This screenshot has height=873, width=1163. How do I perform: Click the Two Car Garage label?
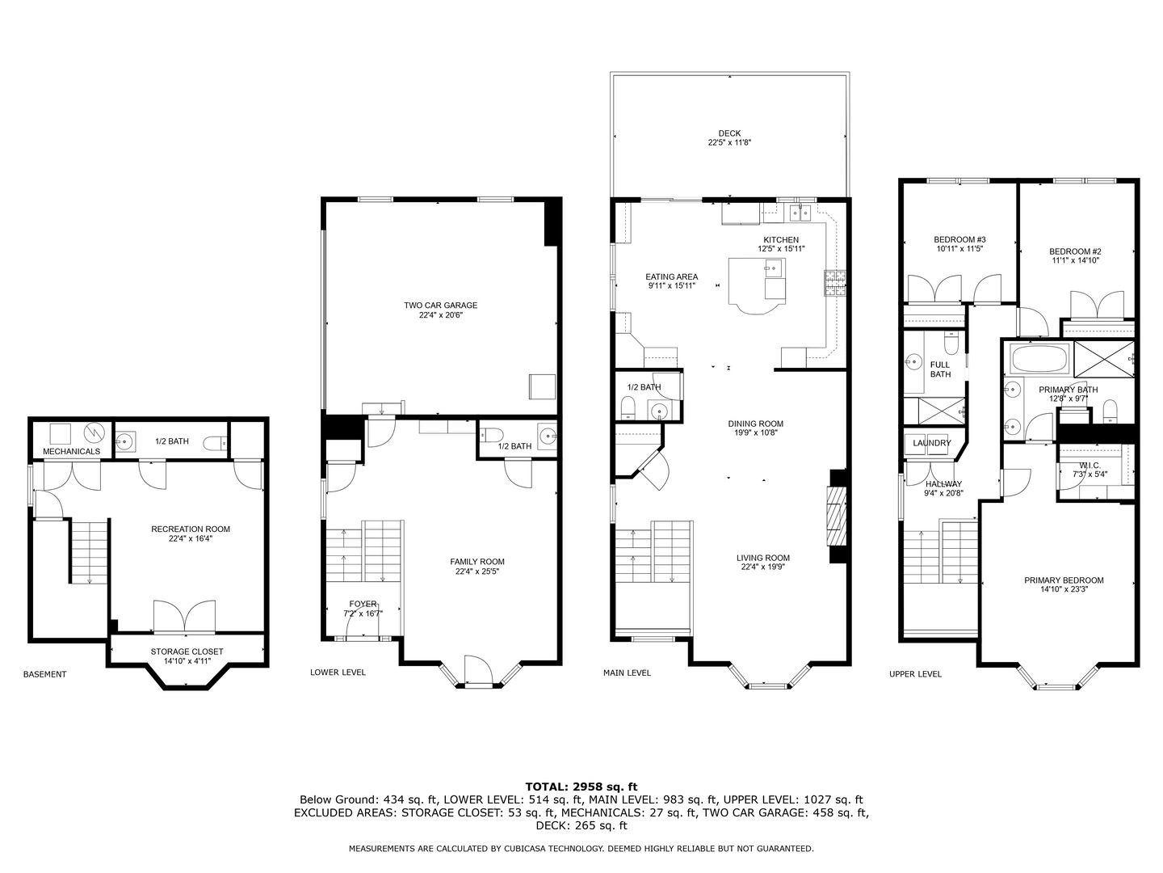440,306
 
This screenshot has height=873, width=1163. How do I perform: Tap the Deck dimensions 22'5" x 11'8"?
729,143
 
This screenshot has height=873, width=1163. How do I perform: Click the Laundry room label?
931,443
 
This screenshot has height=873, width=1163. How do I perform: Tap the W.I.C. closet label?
1090,466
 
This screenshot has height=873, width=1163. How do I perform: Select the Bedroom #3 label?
959,239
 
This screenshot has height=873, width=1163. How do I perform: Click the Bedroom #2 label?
1075,251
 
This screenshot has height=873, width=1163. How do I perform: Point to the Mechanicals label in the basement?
71,451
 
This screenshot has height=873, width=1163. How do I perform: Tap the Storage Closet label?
187,652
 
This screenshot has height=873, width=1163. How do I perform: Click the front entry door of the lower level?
477,671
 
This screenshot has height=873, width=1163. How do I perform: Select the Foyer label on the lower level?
363,604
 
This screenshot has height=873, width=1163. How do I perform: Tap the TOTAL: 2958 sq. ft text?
581,786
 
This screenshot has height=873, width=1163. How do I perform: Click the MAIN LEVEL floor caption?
627,673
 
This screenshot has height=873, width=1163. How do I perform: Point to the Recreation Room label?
191,529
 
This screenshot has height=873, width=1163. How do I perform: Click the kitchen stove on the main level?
833,282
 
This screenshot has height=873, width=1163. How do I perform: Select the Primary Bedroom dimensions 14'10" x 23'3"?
1063,589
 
